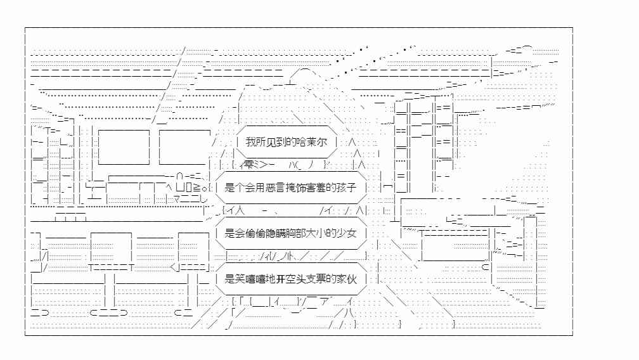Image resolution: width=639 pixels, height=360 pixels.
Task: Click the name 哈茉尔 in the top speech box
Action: pyautogui.click(x=311, y=142)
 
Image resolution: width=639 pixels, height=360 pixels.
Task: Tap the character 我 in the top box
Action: pyautogui.click(x=250, y=142)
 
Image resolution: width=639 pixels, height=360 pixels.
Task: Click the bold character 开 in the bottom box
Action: pyautogui.click(x=281, y=279)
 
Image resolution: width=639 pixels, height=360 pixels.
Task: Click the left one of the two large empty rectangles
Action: pyautogui.click(x=124, y=147)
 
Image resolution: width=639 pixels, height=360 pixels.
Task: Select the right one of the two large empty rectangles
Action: pyautogui.click(x=184, y=147)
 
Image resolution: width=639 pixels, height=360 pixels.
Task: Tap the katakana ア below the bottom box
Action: pyautogui.click(x=325, y=302)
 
